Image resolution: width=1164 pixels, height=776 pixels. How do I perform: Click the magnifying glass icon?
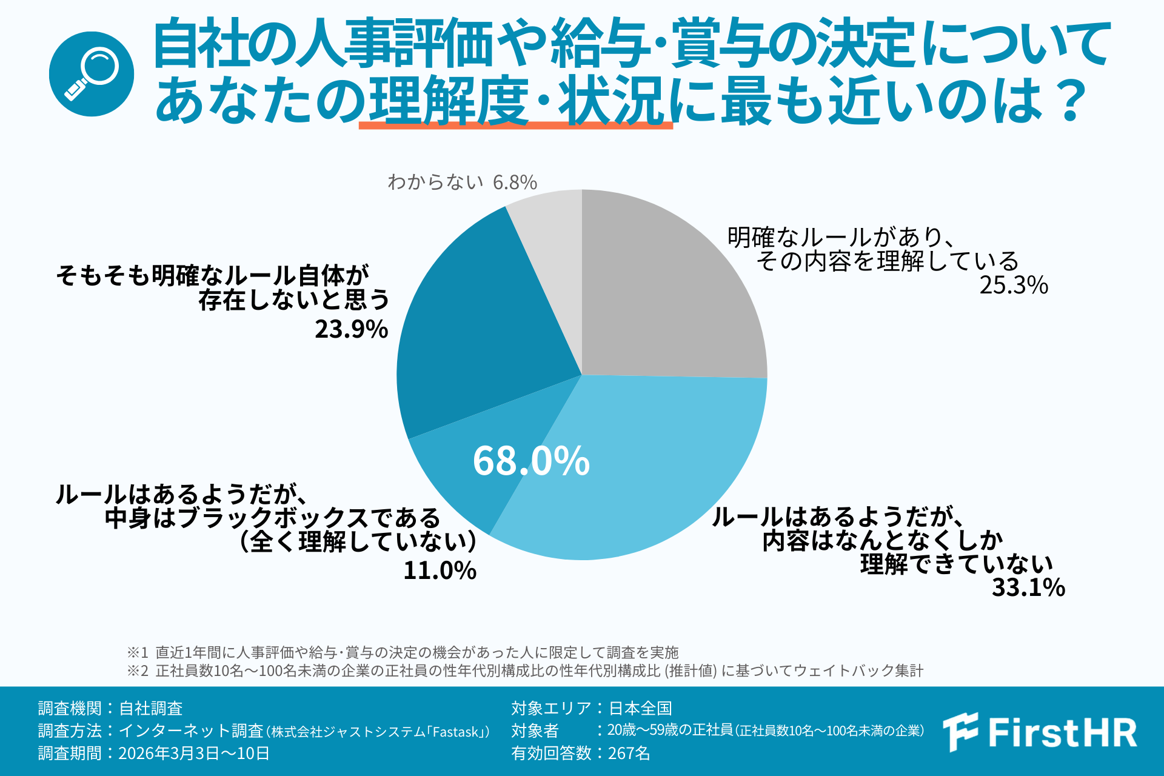(x=92, y=74)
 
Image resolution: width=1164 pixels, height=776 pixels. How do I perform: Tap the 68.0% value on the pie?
(x=531, y=461)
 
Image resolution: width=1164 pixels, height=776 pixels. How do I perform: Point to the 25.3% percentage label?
(x=1014, y=285)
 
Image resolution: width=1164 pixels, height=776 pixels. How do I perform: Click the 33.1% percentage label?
(x=1028, y=587)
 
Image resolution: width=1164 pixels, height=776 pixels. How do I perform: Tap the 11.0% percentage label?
(x=440, y=570)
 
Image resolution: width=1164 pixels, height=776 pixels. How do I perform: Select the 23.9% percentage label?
(x=351, y=329)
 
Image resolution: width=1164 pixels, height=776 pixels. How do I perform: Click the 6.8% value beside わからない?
(x=515, y=182)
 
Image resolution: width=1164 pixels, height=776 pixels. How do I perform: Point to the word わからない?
(x=435, y=182)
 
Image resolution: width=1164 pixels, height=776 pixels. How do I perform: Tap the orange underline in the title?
(x=515, y=125)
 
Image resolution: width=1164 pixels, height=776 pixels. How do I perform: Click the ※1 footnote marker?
(x=137, y=652)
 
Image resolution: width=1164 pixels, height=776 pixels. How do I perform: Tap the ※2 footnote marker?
(x=137, y=671)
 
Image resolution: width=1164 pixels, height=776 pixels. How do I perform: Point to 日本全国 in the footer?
(x=640, y=708)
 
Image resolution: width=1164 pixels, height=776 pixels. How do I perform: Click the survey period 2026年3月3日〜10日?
(x=193, y=753)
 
